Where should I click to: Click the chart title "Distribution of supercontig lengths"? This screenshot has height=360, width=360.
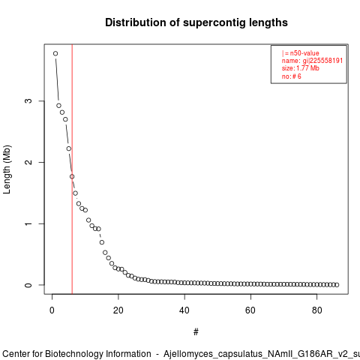[x=196, y=22]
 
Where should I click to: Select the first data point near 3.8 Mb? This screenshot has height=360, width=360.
[x=55, y=53]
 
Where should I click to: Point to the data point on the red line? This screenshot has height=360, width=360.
[x=72, y=176]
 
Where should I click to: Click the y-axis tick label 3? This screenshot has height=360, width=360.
[x=28, y=100]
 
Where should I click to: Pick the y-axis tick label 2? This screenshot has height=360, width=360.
[x=28, y=162]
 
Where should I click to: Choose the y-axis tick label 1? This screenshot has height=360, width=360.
[x=28, y=223]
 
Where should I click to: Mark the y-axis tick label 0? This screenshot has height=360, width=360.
[x=28, y=285]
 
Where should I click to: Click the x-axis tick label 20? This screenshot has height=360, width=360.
[x=118, y=310]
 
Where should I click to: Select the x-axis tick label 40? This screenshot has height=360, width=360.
[x=184, y=310]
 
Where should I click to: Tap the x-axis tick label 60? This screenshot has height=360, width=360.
[x=250, y=310]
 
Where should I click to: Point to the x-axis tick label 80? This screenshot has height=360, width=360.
[x=316, y=310]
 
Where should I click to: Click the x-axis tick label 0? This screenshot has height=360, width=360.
[x=52, y=310]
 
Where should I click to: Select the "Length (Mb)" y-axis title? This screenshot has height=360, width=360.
[x=7, y=169]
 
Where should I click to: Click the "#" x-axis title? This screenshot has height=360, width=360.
[x=196, y=332]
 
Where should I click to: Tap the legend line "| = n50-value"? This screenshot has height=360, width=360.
[x=300, y=53]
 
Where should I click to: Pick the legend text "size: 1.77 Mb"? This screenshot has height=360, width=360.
[x=300, y=68]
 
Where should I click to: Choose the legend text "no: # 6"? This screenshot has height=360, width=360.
[x=292, y=76]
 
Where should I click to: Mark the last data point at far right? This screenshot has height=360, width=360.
[x=337, y=285]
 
